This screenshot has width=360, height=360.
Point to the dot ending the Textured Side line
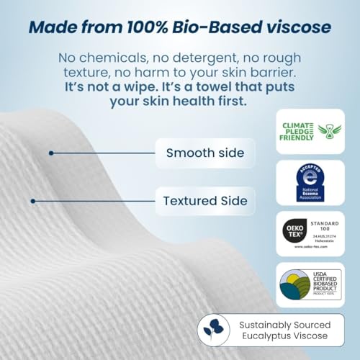[x=32, y=201]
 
